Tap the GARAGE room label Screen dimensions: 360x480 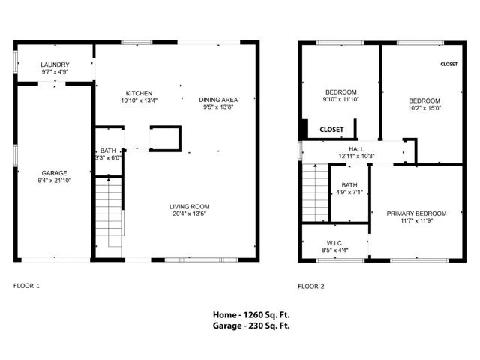click(54, 173)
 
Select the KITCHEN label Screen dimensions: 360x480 click(139, 93)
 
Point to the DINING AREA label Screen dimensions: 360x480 click(218, 100)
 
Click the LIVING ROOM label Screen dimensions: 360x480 click(188, 206)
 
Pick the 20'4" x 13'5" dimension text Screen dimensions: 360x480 click(188, 214)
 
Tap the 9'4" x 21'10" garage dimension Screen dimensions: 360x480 click(54, 181)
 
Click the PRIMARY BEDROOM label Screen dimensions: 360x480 click(416, 214)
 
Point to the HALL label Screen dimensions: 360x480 click(356, 149)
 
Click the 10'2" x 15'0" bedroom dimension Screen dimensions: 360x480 click(424, 107)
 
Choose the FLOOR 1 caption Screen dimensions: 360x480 click(27, 286)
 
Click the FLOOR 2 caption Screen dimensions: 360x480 click(311, 286)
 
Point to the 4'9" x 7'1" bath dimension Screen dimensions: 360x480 click(349, 193)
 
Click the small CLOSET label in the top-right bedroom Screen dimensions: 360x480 click(448, 64)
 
